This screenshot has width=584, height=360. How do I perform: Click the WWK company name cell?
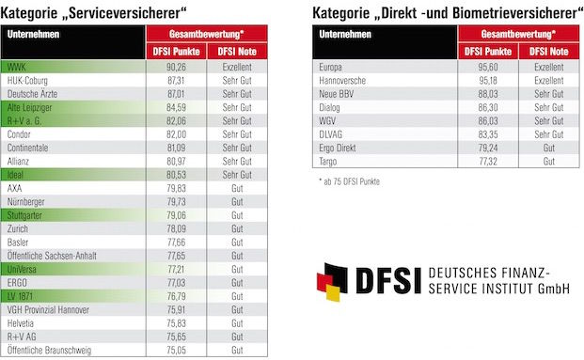(17, 69)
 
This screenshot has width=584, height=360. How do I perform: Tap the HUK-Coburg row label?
(28, 82)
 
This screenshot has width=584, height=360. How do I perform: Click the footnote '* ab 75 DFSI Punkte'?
(349, 180)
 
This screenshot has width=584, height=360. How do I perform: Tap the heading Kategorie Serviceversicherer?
(109, 10)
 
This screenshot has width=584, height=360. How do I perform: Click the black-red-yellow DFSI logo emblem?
(338, 283)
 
